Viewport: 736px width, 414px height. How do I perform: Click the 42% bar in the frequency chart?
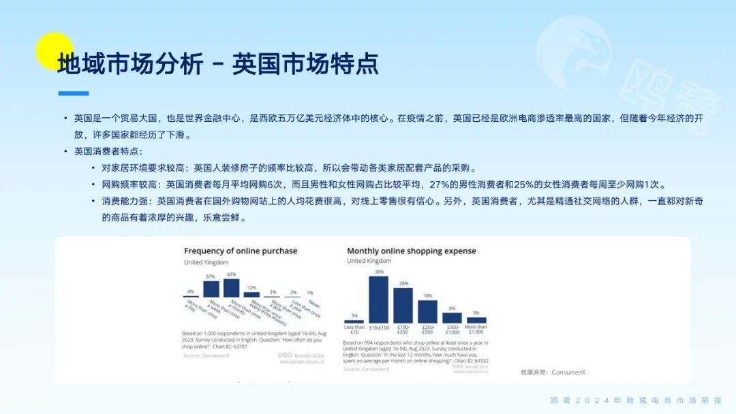(x=231, y=287)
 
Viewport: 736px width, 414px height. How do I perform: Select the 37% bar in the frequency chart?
(x=212, y=289)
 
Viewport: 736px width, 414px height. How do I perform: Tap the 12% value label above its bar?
(x=251, y=288)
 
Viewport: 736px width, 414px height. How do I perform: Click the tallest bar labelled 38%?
(x=378, y=299)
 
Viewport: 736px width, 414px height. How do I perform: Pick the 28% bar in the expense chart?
(x=403, y=305)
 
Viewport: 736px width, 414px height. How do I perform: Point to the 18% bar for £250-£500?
(x=427, y=311)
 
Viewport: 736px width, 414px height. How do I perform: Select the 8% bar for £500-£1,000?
(x=452, y=317)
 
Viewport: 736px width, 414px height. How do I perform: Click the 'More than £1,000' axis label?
(x=476, y=330)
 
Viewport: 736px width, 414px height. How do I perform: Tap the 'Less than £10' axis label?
(x=354, y=330)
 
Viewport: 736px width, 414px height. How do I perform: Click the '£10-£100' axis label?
(x=378, y=328)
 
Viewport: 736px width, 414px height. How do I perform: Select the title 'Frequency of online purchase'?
(x=241, y=251)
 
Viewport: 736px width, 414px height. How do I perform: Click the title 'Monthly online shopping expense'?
(x=411, y=251)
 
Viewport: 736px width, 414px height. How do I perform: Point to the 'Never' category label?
(x=314, y=304)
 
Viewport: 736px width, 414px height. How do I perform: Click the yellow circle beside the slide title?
(x=54, y=51)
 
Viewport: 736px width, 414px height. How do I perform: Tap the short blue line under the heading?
(x=73, y=93)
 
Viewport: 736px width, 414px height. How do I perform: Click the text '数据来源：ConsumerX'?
(x=553, y=372)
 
